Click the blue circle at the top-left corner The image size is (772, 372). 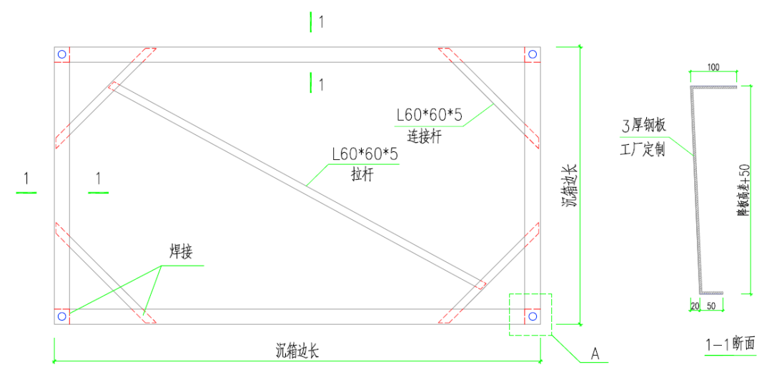tap(62, 54)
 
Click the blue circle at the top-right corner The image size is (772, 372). tap(531, 54)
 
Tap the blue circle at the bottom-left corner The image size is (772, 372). tap(62, 316)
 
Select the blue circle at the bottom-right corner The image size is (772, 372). tap(531, 316)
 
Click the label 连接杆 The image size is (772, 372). tap(425, 136)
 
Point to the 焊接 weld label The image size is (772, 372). tap(181, 252)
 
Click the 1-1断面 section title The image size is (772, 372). tap(730, 344)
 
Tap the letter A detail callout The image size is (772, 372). tap(594, 353)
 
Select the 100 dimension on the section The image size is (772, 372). tap(713, 68)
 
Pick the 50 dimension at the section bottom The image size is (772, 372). tap(711, 305)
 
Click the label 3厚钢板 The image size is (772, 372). tap(644, 127)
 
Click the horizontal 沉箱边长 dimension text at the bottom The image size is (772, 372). tap(297, 351)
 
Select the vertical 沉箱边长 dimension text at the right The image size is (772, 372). tap(569, 186)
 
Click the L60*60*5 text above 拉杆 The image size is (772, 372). tap(365, 154)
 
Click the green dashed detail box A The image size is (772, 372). tap(530, 314)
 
